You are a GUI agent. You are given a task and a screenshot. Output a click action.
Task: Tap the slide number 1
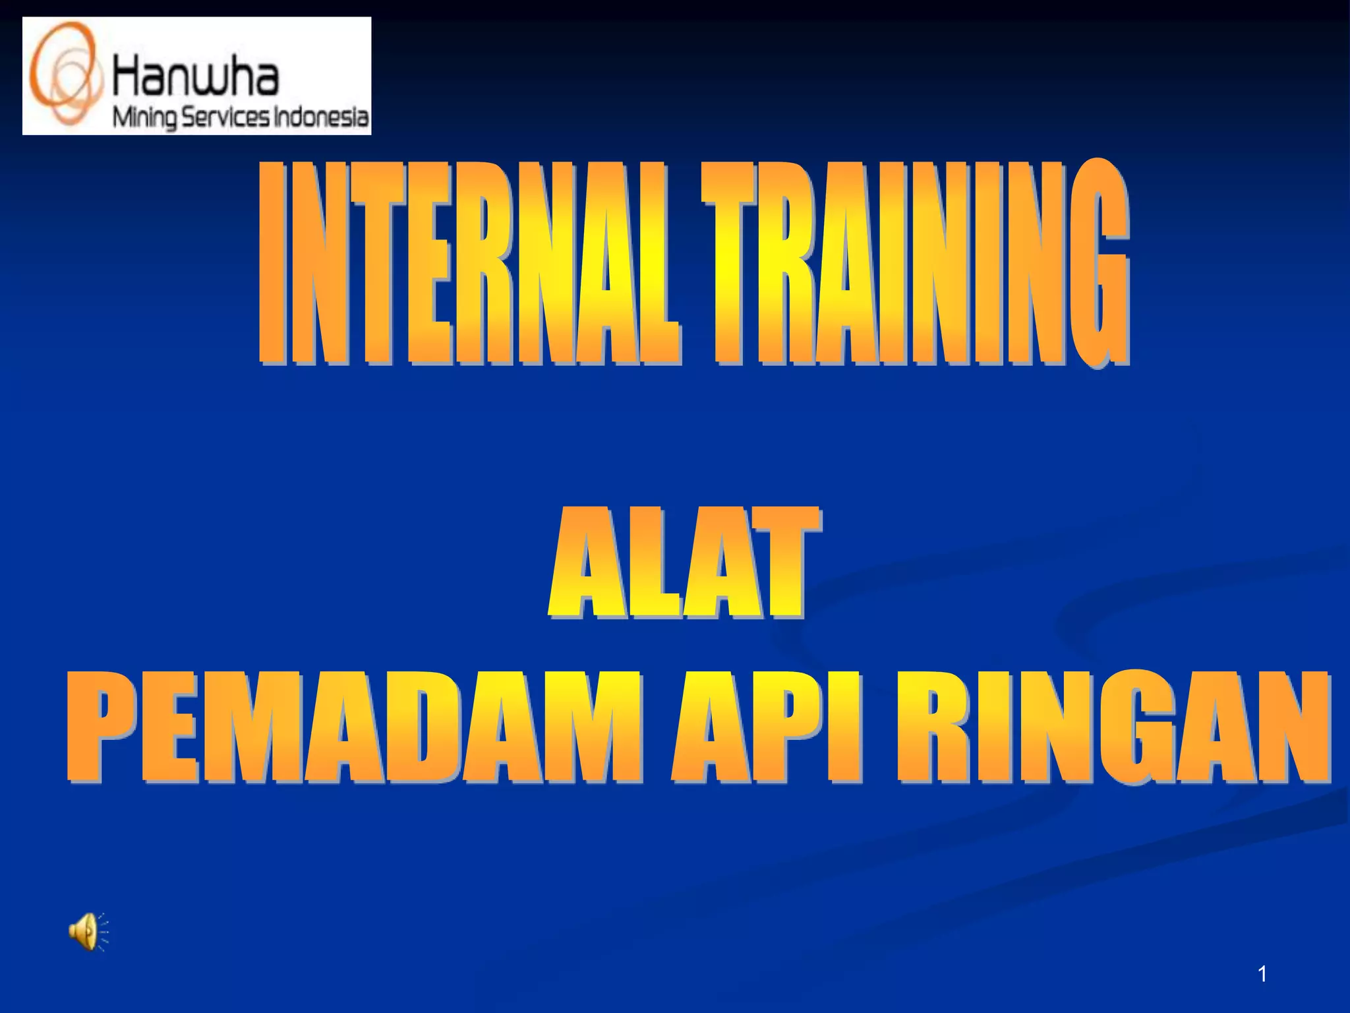1262,973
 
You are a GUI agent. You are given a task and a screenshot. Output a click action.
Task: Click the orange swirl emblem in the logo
66,74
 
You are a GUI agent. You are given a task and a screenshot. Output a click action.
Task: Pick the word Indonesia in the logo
320,117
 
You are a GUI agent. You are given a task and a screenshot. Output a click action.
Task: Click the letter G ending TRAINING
1098,264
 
